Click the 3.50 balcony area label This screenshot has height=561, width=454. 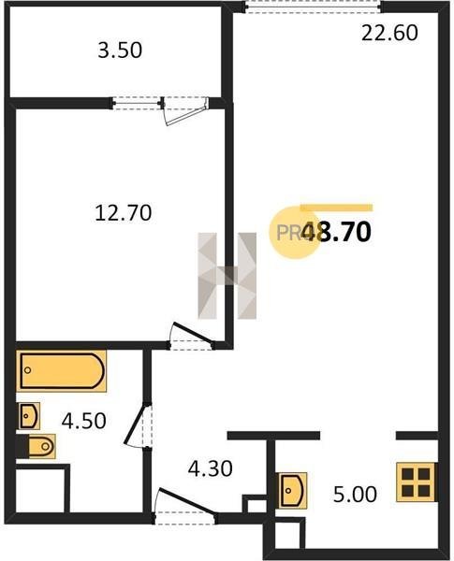(120, 50)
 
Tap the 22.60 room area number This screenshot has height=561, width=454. (389, 33)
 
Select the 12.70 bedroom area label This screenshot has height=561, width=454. (124, 212)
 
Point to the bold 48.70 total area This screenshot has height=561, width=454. (336, 232)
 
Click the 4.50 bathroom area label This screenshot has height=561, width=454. (84, 421)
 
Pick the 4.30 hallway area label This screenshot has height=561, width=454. (211, 468)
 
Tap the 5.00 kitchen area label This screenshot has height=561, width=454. (355, 495)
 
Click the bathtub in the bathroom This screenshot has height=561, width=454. (61, 371)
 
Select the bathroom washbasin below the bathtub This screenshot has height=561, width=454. (28, 416)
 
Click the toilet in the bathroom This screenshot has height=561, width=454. (40, 446)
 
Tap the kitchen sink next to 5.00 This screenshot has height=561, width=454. (293, 491)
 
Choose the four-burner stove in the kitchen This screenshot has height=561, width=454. (416, 482)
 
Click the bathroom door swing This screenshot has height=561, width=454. (139, 425)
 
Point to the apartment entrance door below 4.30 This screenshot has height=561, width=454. (185, 506)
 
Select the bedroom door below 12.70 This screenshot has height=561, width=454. (192, 337)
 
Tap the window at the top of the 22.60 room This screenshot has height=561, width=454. (314, 7)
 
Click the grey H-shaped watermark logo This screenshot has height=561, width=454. (227, 276)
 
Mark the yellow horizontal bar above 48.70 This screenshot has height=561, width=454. (336, 208)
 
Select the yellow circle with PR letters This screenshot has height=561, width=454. (293, 233)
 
